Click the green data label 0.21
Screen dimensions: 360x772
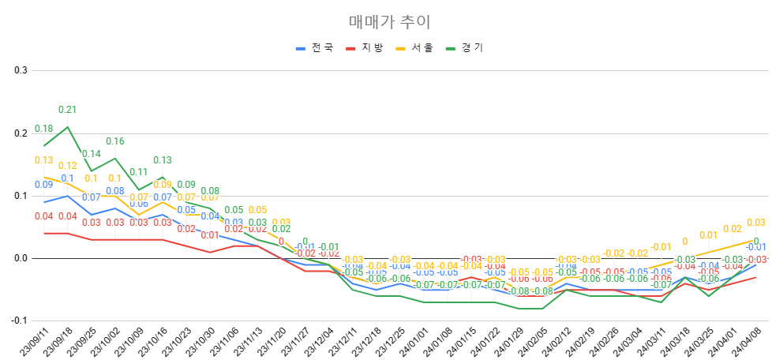click(68, 110)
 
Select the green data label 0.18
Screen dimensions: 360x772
click(44, 129)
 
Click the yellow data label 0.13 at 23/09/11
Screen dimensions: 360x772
click(44, 160)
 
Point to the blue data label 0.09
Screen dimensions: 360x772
click(44, 185)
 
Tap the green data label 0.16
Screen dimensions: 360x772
click(115, 141)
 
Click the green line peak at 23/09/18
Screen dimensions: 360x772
click(68, 126)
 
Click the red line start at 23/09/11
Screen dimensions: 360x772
click(44, 233)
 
